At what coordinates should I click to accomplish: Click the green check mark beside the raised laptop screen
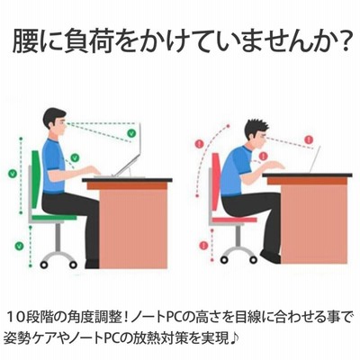pyautogui.click(x=131, y=132)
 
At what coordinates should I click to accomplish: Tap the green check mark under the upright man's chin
pyautogui.click(x=75, y=157)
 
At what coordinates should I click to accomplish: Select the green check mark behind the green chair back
pyautogui.click(x=13, y=173)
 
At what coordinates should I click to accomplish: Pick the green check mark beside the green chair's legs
pyautogui.click(x=19, y=246)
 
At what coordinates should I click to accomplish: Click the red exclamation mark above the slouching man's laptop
pyautogui.click(x=309, y=139)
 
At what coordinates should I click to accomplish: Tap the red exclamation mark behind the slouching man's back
pyautogui.click(x=199, y=143)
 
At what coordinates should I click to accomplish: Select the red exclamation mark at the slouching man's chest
pyautogui.click(x=263, y=156)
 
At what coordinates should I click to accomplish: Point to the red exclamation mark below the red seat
pyautogui.click(x=203, y=246)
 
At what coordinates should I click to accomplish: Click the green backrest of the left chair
pyautogui.click(x=36, y=180)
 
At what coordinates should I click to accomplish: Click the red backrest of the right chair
pyautogui.click(x=216, y=182)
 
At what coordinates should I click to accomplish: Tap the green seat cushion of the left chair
pyautogui.click(x=54, y=218)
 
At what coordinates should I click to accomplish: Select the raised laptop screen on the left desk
pyautogui.click(x=129, y=150)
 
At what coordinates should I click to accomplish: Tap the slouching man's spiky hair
pyautogui.click(x=255, y=128)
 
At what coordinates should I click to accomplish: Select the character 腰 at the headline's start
pyautogui.click(x=26, y=42)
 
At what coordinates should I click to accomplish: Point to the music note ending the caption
pyautogui.click(x=234, y=337)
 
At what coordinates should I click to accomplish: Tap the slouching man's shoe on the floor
pyautogui.click(x=270, y=256)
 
